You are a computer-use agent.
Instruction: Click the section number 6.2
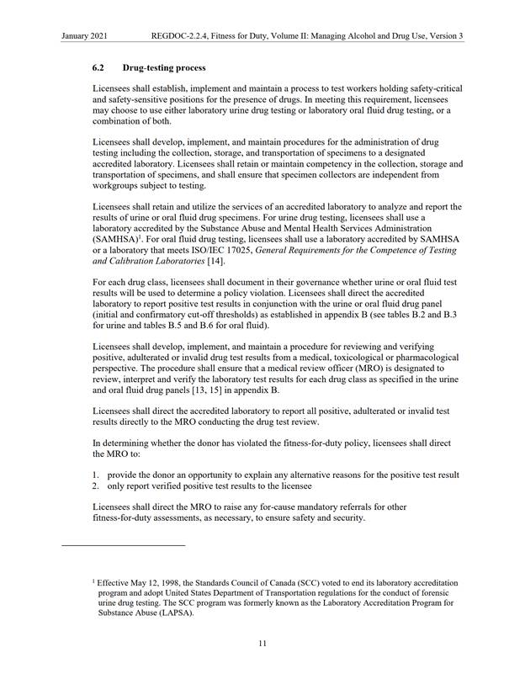click(x=98, y=66)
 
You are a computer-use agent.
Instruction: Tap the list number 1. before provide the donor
click(x=97, y=475)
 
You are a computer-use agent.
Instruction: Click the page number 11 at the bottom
click(x=262, y=644)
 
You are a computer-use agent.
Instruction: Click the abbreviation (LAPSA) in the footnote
click(x=176, y=613)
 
